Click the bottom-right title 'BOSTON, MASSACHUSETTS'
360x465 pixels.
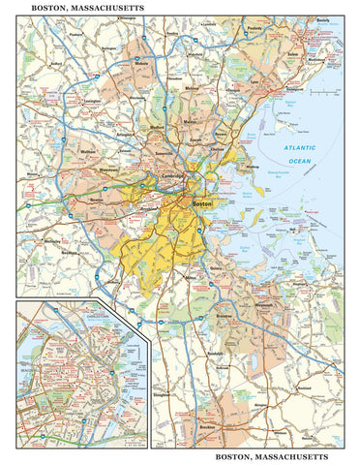pyautogui.click(x=272, y=454)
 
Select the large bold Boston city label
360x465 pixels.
pyautogui.click(x=203, y=204)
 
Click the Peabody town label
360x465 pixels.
pyautogui.click(x=282, y=57)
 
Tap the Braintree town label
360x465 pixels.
pyautogui.click(x=225, y=316)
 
